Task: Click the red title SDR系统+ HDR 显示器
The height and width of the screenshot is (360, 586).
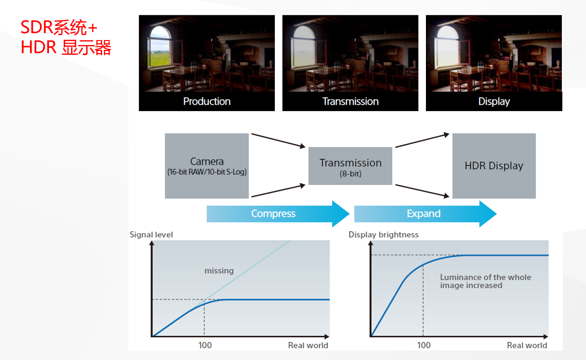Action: click(66, 37)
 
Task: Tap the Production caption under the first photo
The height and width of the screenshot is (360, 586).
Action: click(206, 101)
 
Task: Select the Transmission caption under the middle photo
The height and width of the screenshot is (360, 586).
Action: click(350, 101)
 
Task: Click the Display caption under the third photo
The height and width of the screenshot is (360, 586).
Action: click(494, 101)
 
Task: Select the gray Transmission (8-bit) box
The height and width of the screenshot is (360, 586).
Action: click(350, 166)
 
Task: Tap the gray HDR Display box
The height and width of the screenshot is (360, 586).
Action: click(494, 165)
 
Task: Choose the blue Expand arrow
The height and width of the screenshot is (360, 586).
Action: click(424, 214)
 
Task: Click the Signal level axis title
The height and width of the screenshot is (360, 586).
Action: click(151, 234)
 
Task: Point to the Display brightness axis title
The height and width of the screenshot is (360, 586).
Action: click(383, 234)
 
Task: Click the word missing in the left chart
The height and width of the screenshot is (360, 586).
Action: click(219, 271)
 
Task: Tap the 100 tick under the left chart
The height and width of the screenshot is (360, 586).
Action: click(205, 345)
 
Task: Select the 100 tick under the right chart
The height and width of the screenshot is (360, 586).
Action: click(423, 345)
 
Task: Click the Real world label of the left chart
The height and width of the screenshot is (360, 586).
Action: click(308, 345)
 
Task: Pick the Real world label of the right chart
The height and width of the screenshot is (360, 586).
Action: click(527, 345)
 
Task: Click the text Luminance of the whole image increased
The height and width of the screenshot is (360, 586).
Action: click(485, 281)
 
